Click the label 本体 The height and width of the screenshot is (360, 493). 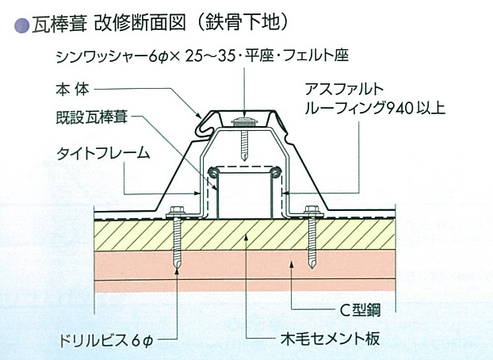tap(69, 87)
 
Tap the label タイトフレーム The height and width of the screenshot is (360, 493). tap(95, 154)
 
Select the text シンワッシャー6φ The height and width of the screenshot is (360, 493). tap(113, 57)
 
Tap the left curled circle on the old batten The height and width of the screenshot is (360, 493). tap(213, 172)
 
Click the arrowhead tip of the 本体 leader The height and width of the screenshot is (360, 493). tap(202, 118)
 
